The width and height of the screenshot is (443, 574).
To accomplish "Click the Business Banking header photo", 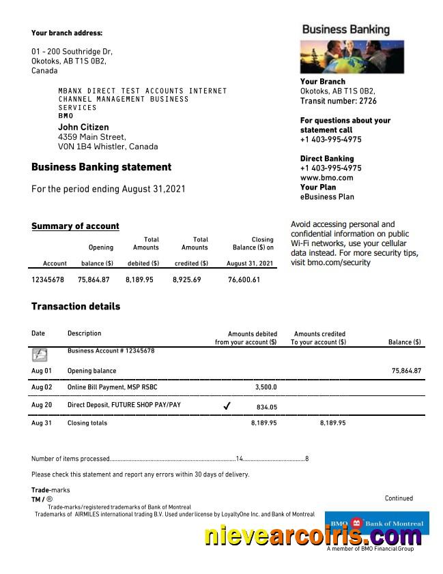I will coord(352,57).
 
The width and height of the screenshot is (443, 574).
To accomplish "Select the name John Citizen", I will coord(83,127).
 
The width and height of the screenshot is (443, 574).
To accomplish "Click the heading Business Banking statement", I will coord(101,167).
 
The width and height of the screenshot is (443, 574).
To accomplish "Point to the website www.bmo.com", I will coord(326,178).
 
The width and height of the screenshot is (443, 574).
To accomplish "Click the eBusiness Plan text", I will coord(327,197).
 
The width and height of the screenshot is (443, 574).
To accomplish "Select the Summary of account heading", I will coord(75,226).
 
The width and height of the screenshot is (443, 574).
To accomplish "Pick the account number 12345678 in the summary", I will coord(48,280).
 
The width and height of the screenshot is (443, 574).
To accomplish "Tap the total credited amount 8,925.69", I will coord(187,280).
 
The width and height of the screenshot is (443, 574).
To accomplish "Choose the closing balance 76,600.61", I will coord(244,280).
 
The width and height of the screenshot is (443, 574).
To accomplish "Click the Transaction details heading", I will coord(76,307).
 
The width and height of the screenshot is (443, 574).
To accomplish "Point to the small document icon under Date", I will coord(40,354).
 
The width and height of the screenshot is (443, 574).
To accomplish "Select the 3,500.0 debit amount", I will coord(266,387).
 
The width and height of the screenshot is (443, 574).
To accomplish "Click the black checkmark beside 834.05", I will coord(227,406).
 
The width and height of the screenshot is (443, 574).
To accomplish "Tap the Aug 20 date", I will coord(42,405).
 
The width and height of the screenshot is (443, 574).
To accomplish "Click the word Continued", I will coord(399,498).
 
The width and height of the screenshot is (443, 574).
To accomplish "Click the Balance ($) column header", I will coord(404,342).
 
